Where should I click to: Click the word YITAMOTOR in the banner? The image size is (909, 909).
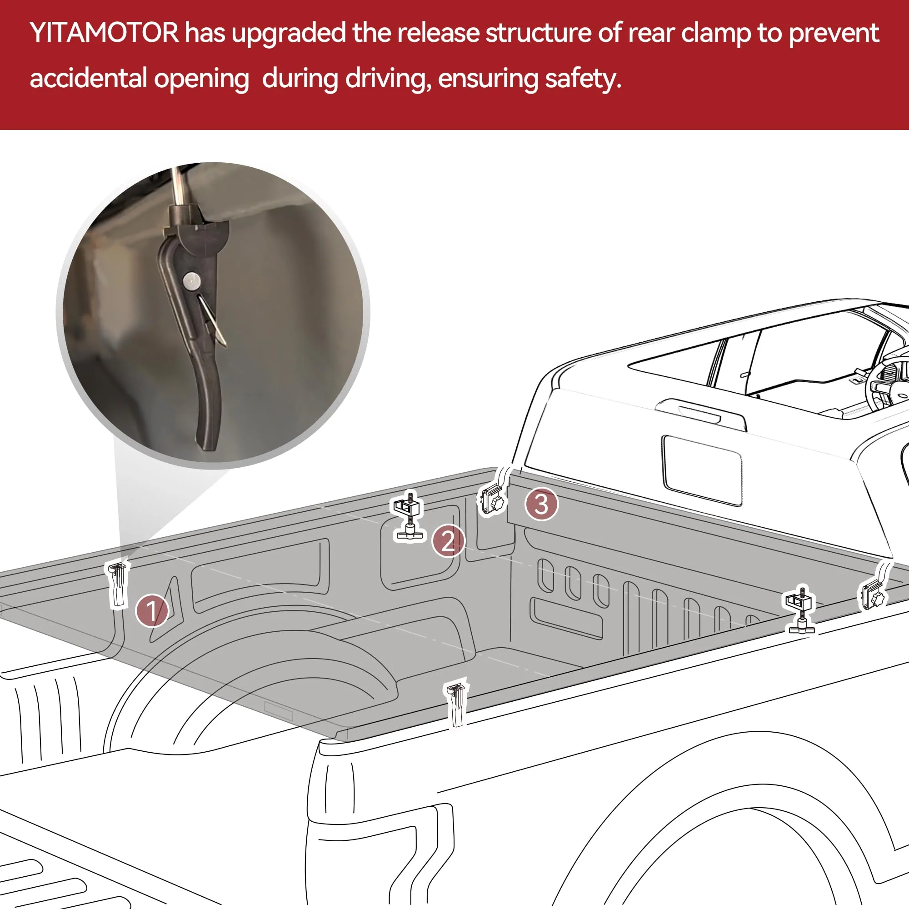(x=104, y=33)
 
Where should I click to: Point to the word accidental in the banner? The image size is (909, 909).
(x=88, y=79)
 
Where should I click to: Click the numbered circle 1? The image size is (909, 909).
(x=151, y=611)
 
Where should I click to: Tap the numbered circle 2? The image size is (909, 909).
(x=448, y=540)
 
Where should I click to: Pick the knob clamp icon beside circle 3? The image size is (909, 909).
(x=492, y=500)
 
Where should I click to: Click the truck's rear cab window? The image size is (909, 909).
(x=701, y=470)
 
